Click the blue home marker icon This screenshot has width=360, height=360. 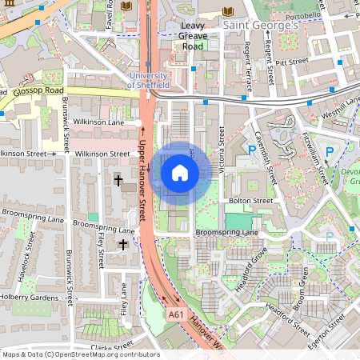pyautogui.click(x=180, y=172)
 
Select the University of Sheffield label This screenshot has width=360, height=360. pyautogui.click(x=149, y=79)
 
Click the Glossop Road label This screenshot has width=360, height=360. pyautogui.click(x=38, y=91)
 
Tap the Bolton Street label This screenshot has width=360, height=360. pyautogui.click(x=250, y=201)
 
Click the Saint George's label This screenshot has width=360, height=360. pyautogui.click(x=260, y=26)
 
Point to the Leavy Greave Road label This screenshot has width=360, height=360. pyautogui.click(x=182, y=35)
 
